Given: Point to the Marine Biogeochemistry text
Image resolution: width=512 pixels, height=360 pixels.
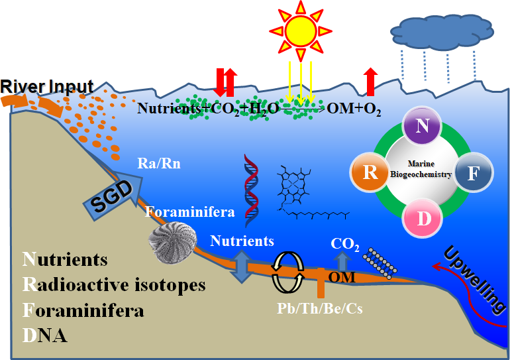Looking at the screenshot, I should click(423, 170).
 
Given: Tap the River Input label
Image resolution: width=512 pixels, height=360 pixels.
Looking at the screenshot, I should click(46, 86).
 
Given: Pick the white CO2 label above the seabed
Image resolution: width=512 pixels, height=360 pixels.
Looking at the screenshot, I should click(344, 245).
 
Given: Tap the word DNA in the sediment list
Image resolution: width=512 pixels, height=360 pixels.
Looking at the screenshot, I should click(45, 335).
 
